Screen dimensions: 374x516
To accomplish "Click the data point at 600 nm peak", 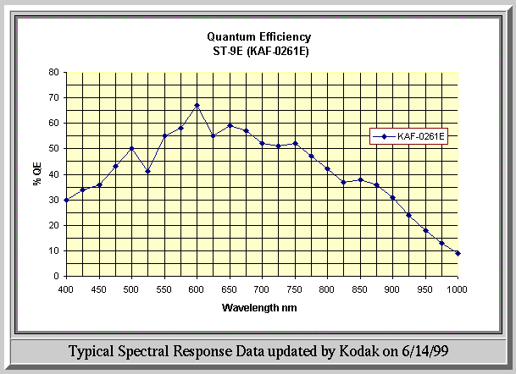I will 197,106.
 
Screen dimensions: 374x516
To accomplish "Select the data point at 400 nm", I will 66,200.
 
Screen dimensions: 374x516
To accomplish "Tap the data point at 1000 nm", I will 458,253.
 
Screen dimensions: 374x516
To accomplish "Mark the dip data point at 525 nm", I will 147,171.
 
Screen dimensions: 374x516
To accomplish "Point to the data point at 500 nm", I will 131,148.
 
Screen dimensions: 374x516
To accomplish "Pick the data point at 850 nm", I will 360,179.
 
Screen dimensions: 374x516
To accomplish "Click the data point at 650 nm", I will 230,125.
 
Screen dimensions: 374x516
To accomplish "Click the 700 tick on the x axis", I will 262,289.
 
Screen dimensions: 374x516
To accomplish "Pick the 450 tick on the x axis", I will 98,289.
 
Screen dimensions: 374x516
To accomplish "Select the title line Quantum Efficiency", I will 259,36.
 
